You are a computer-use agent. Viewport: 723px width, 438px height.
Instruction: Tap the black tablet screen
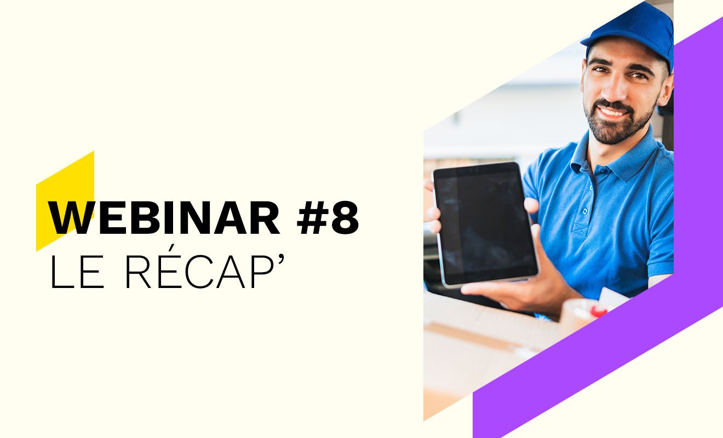[x=485, y=223]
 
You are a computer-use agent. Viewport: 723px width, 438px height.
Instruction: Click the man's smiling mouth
[x=612, y=113]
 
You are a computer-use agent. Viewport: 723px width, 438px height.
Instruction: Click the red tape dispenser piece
[x=598, y=312]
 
